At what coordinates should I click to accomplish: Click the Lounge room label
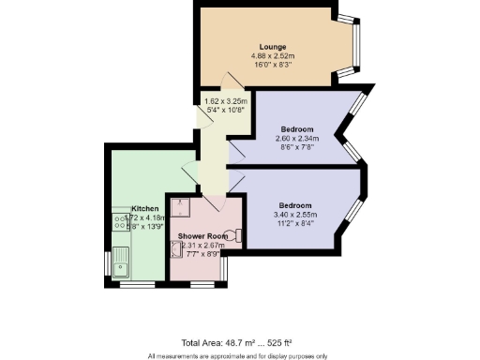(273, 47)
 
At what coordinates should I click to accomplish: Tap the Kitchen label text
(143, 208)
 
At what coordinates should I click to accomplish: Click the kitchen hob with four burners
(120, 222)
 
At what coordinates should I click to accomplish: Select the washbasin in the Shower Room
(175, 249)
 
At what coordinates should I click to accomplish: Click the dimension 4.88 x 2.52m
(273, 56)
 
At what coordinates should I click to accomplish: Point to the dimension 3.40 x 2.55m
(294, 215)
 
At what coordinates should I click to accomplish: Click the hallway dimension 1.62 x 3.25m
(226, 100)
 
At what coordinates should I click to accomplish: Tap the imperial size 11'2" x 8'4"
(294, 224)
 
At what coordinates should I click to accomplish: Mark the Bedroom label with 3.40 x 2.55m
(294, 205)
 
